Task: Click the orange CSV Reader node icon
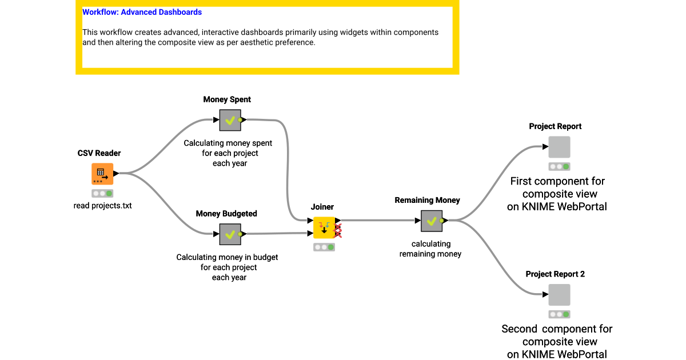[102, 174]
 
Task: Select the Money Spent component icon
[230, 120]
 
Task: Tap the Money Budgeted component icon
[230, 234]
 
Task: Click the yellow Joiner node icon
[324, 227]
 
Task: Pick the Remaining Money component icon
[432, 221]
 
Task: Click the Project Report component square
[559, 147]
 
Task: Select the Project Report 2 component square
[559, 295]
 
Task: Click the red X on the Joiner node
[338, 231]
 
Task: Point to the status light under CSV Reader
[102, 193]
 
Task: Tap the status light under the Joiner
[324, 247]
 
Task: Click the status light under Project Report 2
[559, 314]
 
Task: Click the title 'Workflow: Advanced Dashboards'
[142, 12]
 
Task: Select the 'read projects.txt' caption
[103, 206]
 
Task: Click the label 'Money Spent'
[227, 99]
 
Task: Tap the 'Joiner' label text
[322, 207]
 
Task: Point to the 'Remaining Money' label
[427, 200]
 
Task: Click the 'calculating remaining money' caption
[430, 249]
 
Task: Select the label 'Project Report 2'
[555, 274]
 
